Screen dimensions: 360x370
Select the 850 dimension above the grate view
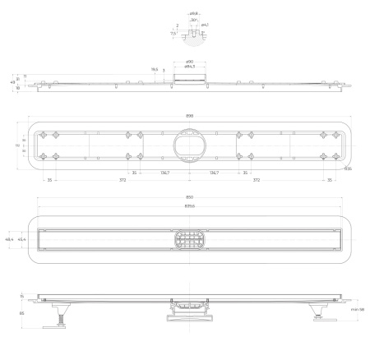189,198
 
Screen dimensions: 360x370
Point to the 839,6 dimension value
189,205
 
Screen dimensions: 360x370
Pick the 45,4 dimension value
22,239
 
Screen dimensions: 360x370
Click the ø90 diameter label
189,62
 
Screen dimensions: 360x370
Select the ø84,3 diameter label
189,67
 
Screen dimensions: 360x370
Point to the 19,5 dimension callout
154,70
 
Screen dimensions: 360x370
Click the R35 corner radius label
349,168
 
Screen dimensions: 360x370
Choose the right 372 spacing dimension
280,178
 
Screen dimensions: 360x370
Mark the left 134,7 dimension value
164,173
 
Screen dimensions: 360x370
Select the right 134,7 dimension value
214,173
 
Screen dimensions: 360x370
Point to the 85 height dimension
21,312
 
